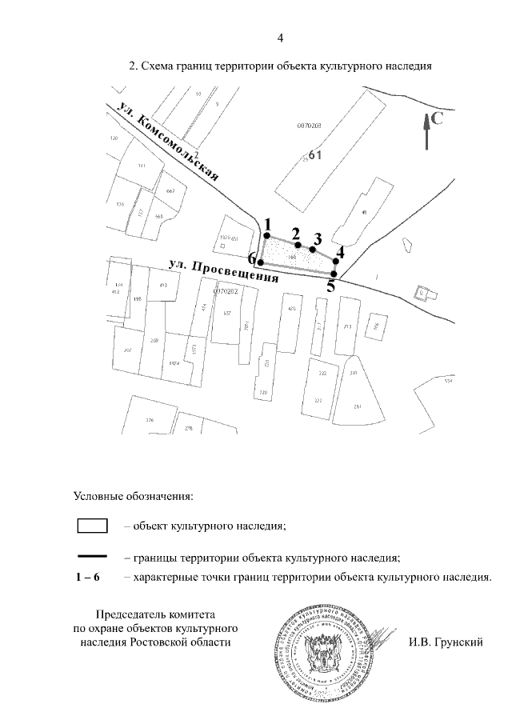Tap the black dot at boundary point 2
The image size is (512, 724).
point(298,245)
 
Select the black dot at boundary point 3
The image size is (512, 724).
point(313,249)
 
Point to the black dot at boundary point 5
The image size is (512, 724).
point(334,274)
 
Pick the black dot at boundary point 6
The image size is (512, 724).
point(260,262)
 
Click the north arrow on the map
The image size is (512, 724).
point(427,131)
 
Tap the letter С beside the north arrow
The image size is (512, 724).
point(438,119)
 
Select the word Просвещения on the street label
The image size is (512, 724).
point(237,272)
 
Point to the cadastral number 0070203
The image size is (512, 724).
point(309,126)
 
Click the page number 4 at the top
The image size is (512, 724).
point(280,38)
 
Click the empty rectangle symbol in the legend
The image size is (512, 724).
point(92,526)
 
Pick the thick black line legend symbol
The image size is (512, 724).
point(92,555)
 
